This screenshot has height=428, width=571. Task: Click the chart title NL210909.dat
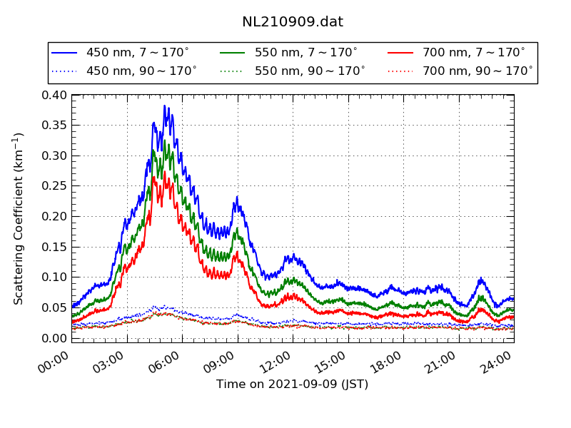(x=293, y=22)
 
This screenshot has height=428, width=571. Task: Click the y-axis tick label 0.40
(x=54, y=95)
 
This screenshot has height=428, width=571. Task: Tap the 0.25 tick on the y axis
(x=54, y=186)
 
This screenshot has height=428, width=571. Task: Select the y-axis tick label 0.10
(x=54, y=277)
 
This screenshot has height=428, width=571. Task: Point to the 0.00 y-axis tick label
(x=54, y=337)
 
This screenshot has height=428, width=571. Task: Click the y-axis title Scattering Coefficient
(x=19, y=218)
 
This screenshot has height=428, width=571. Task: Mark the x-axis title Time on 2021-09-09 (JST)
(x=293, y=384)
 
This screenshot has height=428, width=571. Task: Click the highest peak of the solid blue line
(x=164, y=106)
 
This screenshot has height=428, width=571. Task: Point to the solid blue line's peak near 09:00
(x=237, y=197)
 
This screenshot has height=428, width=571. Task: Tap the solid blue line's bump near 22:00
(x=480, y=279)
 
